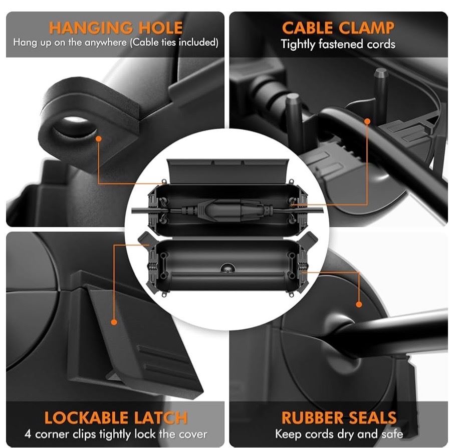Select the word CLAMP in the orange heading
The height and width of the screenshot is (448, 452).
[x=366, y=28]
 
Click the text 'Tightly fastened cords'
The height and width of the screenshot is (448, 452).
[x=338, y=45]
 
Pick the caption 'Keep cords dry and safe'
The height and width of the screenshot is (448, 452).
[x=339, y=434]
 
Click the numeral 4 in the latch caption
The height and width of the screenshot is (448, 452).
[x=28, y=434]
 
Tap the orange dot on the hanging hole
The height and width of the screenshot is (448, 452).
[x=99, y=139]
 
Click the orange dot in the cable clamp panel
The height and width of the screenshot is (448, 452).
[x=367, y=121]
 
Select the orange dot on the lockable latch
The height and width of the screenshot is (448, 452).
[x=114, y=322]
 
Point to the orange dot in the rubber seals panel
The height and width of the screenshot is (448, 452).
[x=359, y=304]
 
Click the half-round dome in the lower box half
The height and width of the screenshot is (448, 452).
[x=228, y=268]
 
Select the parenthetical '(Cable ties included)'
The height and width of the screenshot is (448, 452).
[x=174, y=43]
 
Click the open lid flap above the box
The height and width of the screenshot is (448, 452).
[x=228, y=171]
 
